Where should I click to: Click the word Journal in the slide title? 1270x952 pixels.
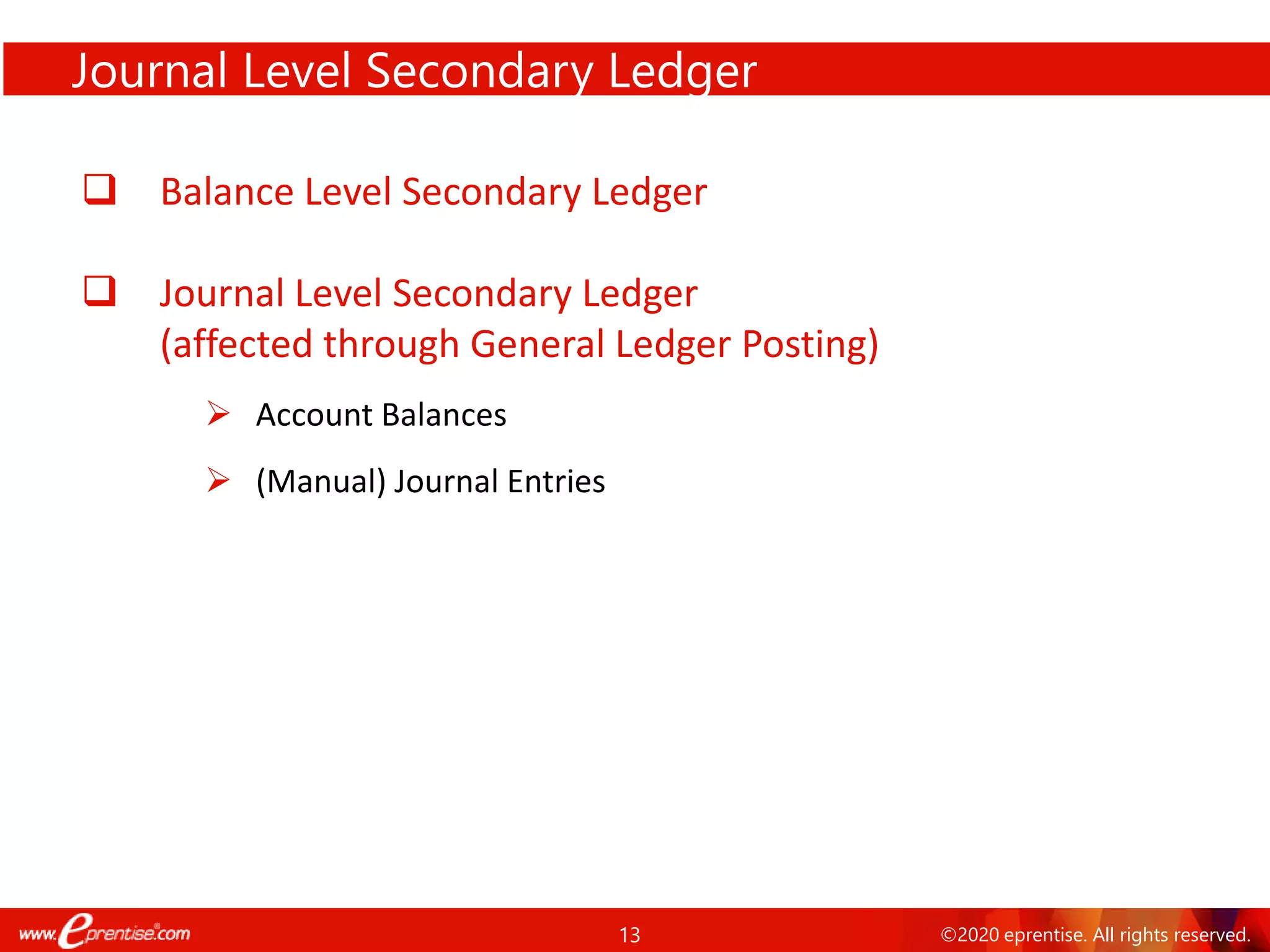tap(149, 71)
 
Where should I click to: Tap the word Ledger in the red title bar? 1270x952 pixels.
tap(682, 71)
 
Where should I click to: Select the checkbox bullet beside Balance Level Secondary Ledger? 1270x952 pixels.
tap(100, 189)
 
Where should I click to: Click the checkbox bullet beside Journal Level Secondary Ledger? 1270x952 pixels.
tap(100, 291)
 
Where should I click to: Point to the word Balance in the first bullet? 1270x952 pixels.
tap(227, 192)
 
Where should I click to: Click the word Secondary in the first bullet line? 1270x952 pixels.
tap(492, 192)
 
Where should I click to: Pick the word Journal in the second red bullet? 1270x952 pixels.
tap(222, 293)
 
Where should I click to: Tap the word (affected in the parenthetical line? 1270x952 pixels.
tap(236, 344)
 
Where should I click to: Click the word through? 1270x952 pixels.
tap(391, 344)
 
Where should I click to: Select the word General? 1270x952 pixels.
tap(537, 344)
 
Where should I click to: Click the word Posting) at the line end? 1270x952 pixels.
tap(810, 344)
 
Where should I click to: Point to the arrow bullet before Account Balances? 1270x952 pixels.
tap(218, 413)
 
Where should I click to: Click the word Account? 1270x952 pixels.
tap(314, 415)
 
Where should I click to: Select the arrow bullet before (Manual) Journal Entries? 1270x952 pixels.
tap(218, 480)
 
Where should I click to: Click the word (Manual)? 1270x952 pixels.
tap(321, 482)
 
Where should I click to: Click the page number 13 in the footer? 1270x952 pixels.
tap(629, 935)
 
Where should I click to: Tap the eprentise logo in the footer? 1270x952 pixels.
tap(104, 932)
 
